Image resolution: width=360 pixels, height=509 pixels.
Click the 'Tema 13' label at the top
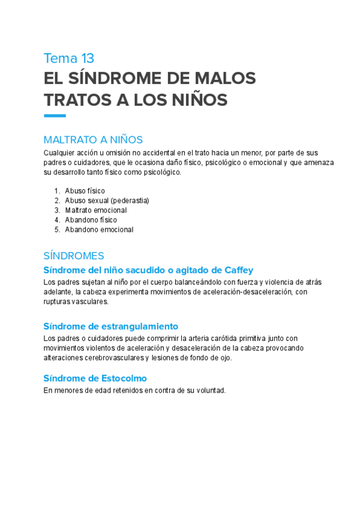coord(69,58)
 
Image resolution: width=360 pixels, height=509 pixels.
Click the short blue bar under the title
coord(55,116)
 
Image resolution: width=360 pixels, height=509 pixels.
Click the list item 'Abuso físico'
coord(85,191)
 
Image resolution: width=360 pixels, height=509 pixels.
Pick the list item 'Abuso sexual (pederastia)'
coord(107,200)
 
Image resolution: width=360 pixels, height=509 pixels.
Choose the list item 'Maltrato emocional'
coord(95,210)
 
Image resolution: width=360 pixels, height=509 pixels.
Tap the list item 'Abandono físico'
coord(91,220)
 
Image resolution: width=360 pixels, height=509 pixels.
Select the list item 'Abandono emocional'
coord(99,229)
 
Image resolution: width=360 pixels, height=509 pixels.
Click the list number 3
coord(57,210)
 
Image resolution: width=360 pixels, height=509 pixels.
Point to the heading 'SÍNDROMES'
coord(74,256)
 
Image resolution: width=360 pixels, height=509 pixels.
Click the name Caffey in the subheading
coord(238,270)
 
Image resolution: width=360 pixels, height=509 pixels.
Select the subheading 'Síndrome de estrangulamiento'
coord(111,326)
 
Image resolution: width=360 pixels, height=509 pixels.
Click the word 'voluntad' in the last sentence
coord(209,390)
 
